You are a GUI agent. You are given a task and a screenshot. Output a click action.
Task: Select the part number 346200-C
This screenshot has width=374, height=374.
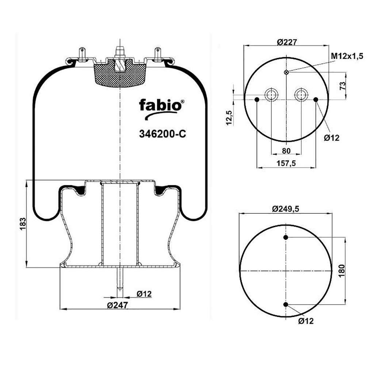coord(163,134)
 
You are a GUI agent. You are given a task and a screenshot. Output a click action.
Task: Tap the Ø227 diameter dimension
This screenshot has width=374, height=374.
coord(287,42)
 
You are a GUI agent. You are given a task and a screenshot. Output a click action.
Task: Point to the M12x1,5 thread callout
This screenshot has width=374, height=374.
coord(347,56)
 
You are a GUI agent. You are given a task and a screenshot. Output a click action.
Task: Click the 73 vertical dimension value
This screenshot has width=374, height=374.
coord(342,86)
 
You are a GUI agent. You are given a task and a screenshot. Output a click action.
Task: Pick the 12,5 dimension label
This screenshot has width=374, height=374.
coord(229,117)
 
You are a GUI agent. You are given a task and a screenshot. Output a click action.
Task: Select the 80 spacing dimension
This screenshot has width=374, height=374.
coord(286,151)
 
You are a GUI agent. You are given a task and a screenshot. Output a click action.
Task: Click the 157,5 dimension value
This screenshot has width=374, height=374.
coord(286,163)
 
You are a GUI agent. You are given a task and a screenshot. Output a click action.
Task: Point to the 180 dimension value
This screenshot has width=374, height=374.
coord(342,271)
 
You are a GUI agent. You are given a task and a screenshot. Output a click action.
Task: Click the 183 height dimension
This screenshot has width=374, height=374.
coord(23,224)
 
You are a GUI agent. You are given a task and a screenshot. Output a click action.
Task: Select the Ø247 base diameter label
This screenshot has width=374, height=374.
coord(118,305)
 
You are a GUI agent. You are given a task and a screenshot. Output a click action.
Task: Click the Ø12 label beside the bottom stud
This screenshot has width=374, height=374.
coord(144,294)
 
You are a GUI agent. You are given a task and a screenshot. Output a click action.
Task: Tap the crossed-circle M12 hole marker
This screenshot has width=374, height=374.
coord(286,72)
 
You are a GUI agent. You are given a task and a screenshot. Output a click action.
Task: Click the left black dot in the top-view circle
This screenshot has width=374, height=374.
coord(257,99)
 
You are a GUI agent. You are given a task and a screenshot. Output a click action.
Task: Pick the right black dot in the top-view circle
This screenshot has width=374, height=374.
coord(316,99)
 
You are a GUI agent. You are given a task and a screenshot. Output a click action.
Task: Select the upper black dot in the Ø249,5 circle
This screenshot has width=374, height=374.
coord(286,237)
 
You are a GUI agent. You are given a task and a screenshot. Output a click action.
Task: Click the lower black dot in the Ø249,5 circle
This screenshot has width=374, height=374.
coord(286,304)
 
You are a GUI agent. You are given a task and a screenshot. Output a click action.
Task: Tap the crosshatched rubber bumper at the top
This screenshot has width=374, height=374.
coord(120,74)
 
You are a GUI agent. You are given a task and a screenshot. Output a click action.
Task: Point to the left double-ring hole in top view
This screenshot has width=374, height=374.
coord(272,95)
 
